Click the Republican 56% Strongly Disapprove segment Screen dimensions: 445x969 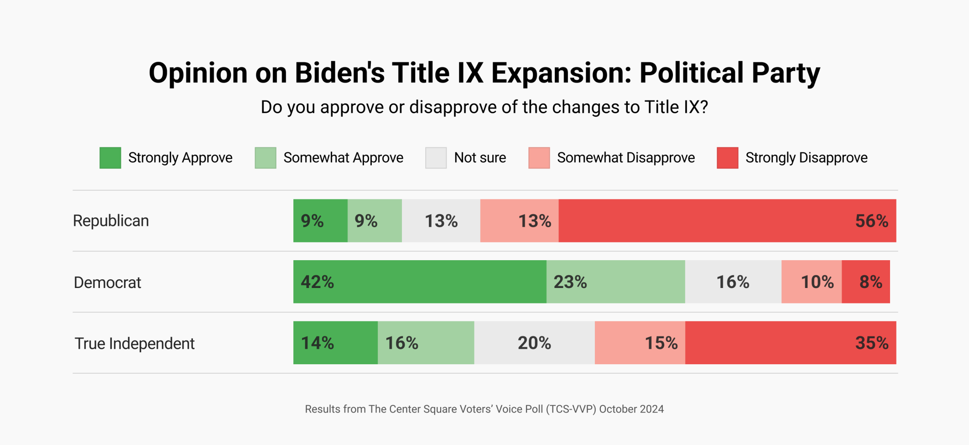(x=727, y=221)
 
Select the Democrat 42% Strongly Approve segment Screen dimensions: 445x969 (x=420, y=282)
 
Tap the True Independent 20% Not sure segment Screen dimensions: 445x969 (x=534, y=343)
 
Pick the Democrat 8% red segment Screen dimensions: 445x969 (x=865, y=282)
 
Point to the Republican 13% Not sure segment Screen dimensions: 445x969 (x=441, y=221)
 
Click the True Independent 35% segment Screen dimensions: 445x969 (x=790, y=343)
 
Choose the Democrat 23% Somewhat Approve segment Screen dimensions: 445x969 (x=615, y=282)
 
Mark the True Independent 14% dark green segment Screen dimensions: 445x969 (x=335, y=343)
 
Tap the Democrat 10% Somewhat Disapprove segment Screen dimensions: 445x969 (x=811, y=282)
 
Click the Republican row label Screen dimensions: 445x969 (x=111, y=221)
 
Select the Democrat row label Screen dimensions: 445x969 (x=107, y=283)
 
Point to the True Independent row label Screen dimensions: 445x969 (x=135, y=343)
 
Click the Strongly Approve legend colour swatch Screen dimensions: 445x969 (x=110, y=158)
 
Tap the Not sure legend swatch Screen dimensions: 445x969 (x=436, y=158)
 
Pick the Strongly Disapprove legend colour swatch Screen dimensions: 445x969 (x=727, y=158)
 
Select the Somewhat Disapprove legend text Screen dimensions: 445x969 (x=625, y=158)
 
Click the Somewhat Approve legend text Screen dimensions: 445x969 (x=343, y=158)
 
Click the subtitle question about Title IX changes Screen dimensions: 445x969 (x=484, y=107)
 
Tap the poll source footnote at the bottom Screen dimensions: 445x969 (x=484, y=409)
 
